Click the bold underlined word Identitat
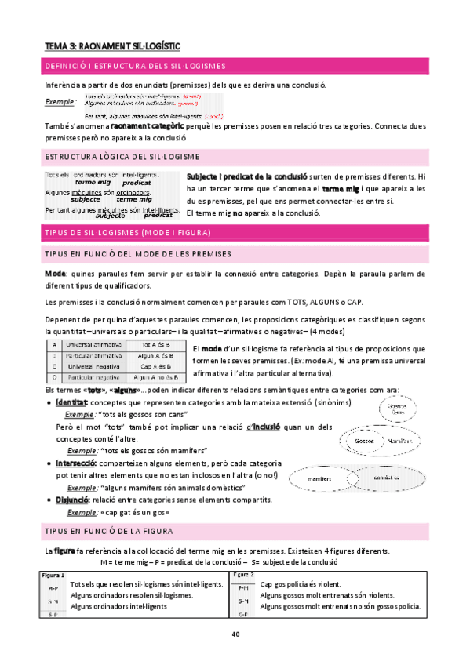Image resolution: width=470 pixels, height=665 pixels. click(x=71, y=402)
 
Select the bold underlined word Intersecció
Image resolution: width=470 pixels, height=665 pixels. click(x=76, y=463)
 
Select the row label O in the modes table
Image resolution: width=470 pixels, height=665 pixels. click(x=53, y=377)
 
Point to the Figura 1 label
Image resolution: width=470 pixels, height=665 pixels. click(x=52, y=575)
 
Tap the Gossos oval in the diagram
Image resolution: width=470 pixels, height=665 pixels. click(x=363, y=441)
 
